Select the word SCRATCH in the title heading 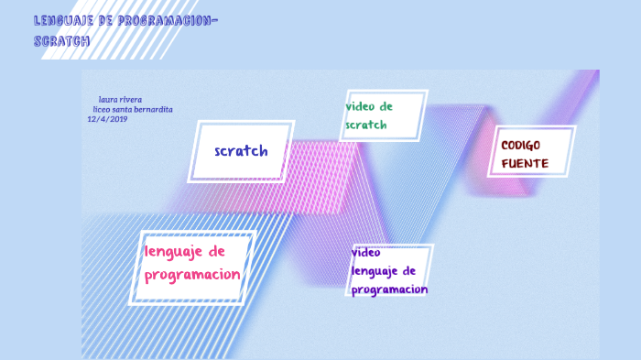[61, 41]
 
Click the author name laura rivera [120, 99]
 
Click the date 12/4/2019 [107, 119]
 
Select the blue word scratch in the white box [241, 151]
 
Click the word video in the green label [360, 106]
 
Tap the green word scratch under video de [365, 125]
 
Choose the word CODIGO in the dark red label [521, 146]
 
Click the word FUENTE [525, 164]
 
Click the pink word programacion [192, 274]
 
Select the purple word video [365, 252]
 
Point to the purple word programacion [389, 289]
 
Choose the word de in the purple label [409, 271]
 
